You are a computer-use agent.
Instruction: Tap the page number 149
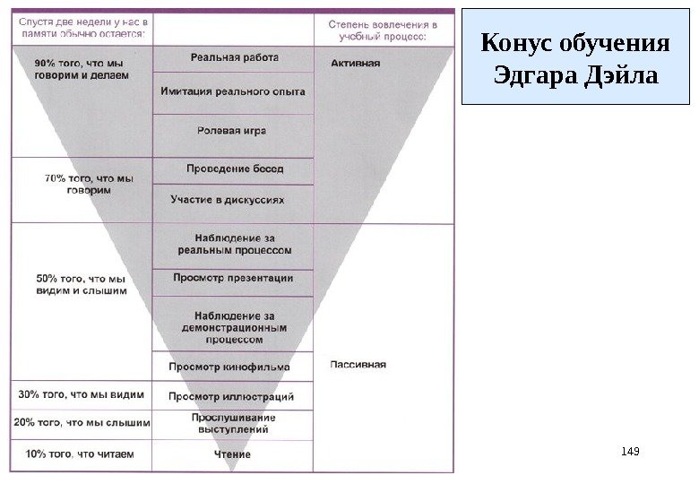tap(631, 451)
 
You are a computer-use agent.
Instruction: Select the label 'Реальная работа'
tap(234, 57)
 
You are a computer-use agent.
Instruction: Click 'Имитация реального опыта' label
tap(233, 91)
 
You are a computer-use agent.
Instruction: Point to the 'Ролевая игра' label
tap(231, 131)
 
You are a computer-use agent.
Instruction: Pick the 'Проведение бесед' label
tap(232, 169)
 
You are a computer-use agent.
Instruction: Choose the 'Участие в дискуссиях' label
tap(233, 199)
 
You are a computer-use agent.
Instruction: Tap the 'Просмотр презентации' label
tap(233, 278)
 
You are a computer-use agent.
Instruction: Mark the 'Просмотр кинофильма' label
tap(230, 367)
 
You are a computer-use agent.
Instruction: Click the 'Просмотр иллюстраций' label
tap(231, 395)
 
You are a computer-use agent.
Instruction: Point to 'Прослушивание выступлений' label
tap(233, 424)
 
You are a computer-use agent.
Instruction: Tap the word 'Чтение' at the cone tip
tap(232, 454)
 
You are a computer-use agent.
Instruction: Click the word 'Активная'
tap(356, 64)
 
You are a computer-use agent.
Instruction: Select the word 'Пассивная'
tap(358, 364)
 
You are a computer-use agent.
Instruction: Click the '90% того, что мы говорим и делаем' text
tap(82, 70)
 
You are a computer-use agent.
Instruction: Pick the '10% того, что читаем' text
tap(80, 454)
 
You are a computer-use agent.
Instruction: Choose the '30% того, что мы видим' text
tap(80, 393)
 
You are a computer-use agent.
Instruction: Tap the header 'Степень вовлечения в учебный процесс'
tap(382, 31)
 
